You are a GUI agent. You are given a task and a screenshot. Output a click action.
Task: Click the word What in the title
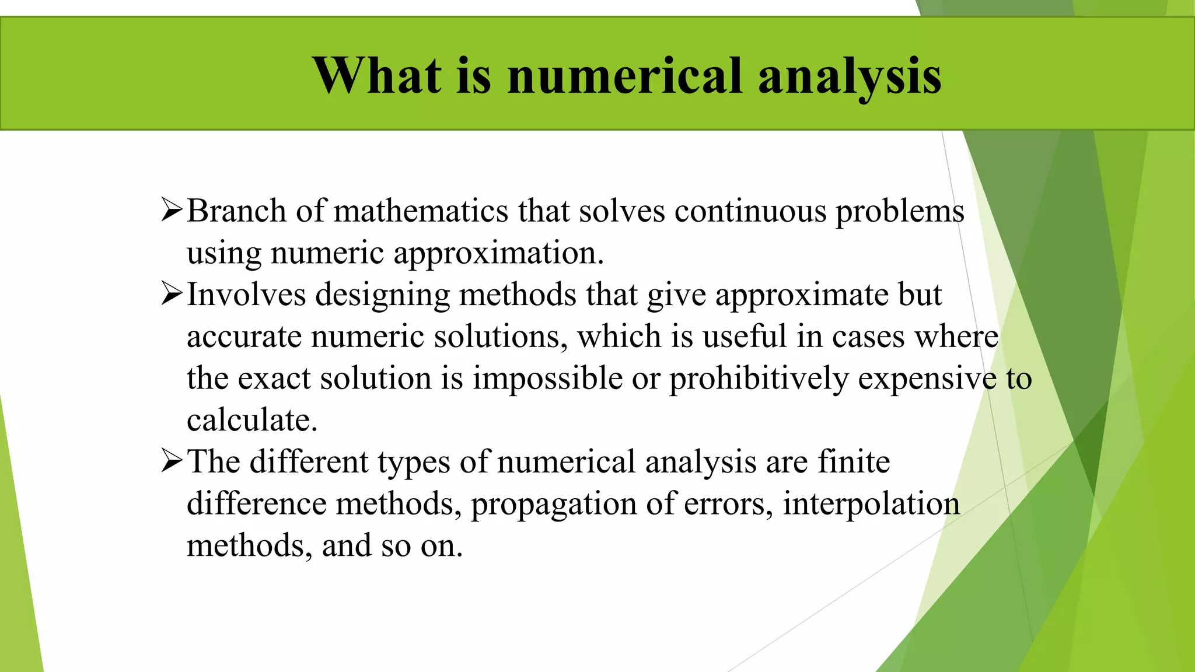[377, 75]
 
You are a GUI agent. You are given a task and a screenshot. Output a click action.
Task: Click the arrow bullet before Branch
[172, 210]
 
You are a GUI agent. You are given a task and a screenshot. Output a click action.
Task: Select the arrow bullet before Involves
[172, 294]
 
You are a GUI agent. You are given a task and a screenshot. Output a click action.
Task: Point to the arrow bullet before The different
[172, 461]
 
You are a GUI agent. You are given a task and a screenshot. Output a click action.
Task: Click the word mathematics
[421, 211]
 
